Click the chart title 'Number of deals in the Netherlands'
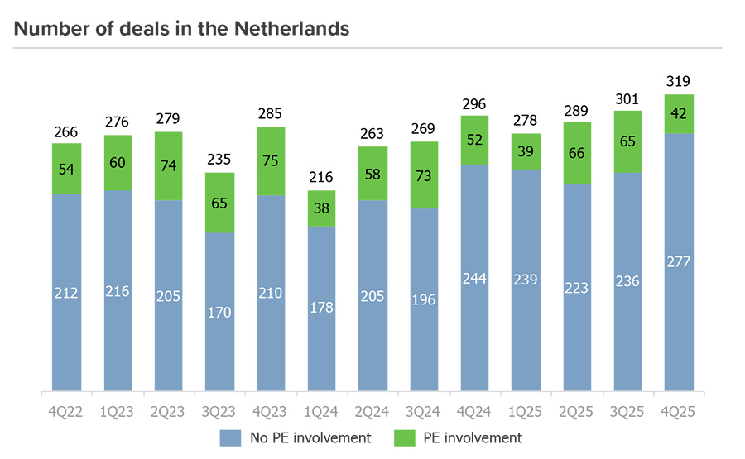point(182,29)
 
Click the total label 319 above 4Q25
point(679,82)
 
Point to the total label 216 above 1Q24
point(321,178)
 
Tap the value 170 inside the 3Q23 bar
point(219,313)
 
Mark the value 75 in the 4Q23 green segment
point(271,161)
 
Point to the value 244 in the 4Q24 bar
point(474,279)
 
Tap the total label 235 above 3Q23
point(219,160)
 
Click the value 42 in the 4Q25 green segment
point(679,114)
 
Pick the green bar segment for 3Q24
point(424,175)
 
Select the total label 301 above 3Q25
point(627,99)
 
